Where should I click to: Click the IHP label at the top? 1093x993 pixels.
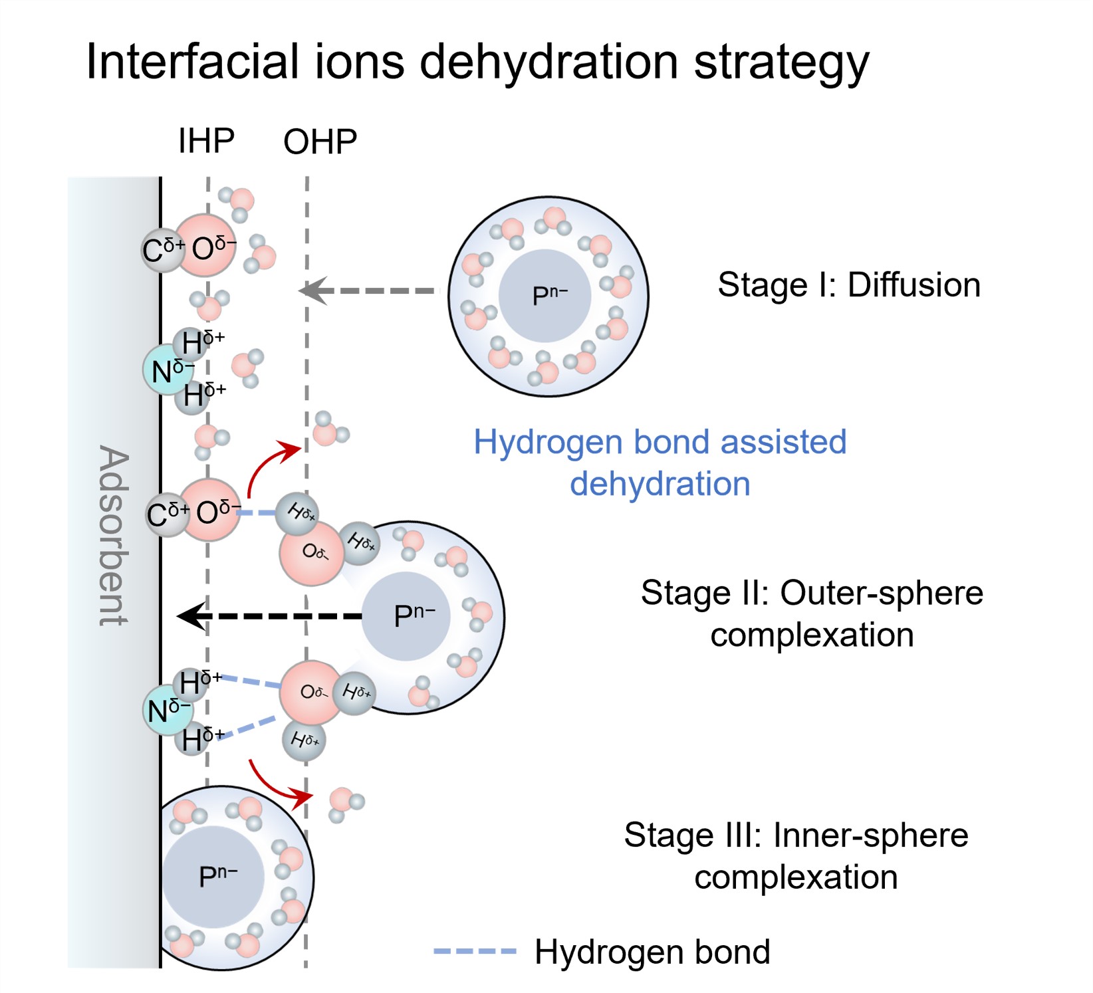[x=206, y=141]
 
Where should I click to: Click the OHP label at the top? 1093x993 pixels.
[x=320, y=142]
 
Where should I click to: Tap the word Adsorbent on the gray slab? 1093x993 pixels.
[x=113, y=535]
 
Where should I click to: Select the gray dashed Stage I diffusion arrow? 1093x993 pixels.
[x=369, y=290]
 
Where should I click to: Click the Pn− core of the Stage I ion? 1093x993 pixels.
[x=545, y=296]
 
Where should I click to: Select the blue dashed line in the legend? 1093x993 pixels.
[x=475, y=951]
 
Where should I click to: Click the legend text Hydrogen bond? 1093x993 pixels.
[x=652, y=952]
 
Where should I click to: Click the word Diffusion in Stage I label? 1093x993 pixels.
[x=914, y=285]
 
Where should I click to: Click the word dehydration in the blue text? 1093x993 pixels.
[x=660, y=483]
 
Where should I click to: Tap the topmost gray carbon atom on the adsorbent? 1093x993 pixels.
[x=160, y=251]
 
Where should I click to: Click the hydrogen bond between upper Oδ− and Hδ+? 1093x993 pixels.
[x=257, y=512]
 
